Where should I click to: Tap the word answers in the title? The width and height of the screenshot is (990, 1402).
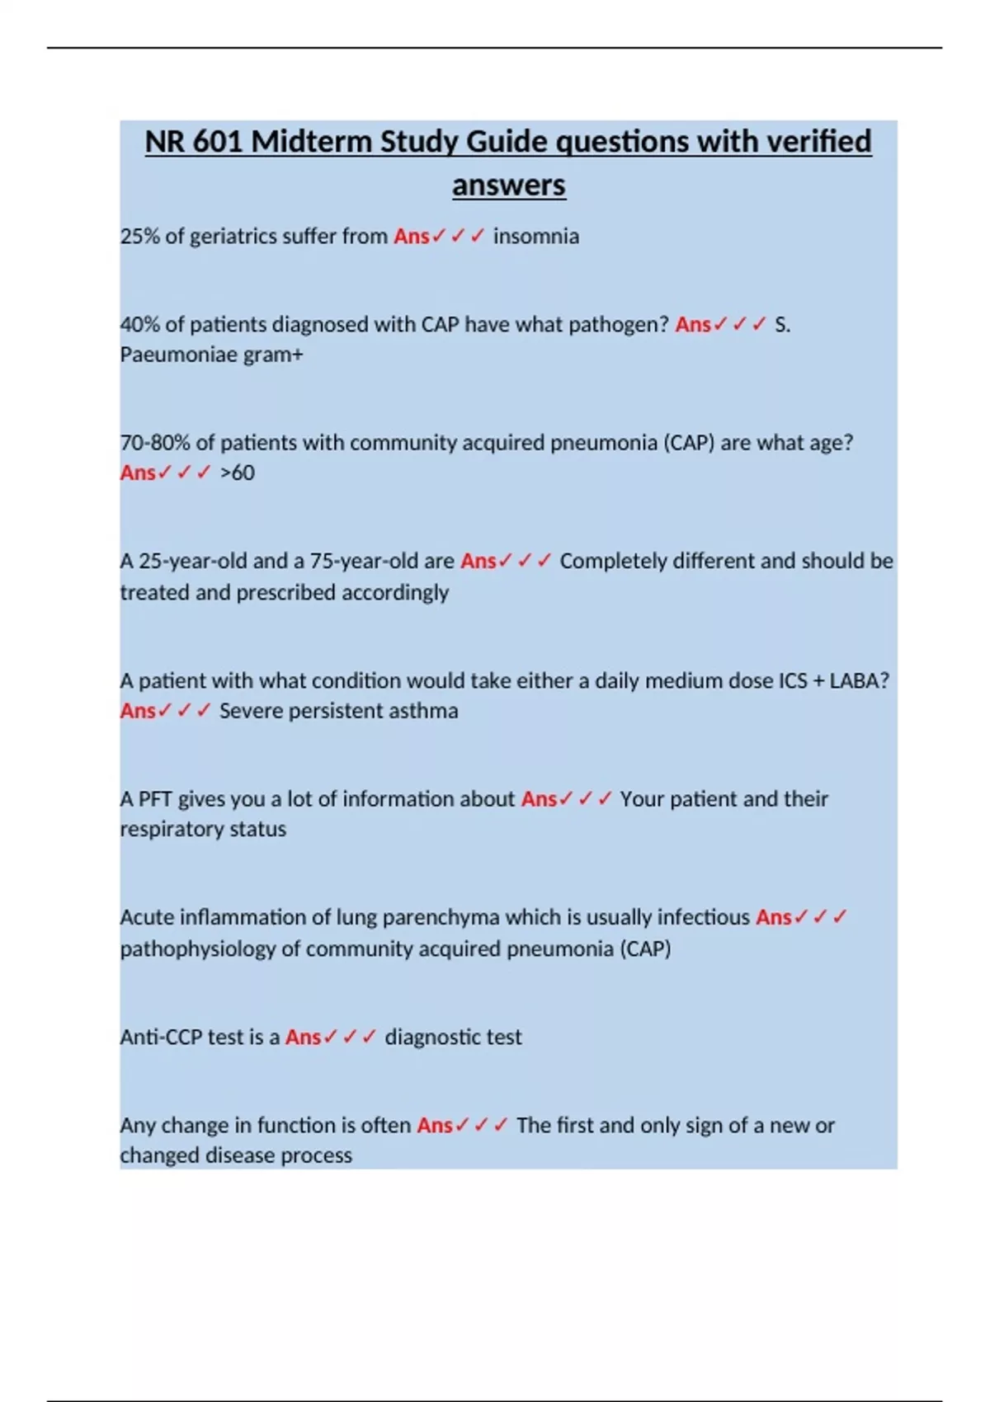pos(508,185)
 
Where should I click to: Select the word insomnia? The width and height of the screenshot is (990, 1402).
pos(536,237)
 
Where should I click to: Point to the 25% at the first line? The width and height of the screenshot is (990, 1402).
pos(139,237)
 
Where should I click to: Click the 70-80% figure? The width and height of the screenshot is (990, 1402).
pos(155,443)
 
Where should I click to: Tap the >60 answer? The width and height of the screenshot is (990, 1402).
pos(238,473)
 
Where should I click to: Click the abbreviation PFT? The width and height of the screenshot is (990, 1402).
pos(155,799)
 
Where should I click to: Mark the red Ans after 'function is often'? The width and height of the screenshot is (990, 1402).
pos(434,1126)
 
